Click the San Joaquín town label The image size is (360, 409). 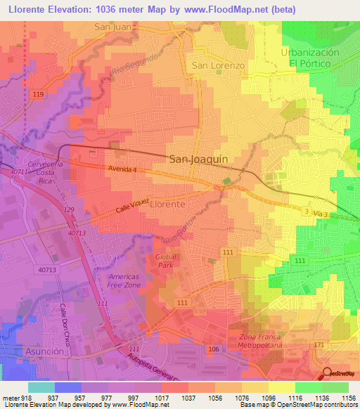(x=199, y=160)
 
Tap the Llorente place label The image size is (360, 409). (x=168, y=204)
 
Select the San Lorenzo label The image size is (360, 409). (x=218, y=65)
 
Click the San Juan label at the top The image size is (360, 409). (x=113, y=27)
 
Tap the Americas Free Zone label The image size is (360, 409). (x=124, y=281)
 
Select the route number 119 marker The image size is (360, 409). (x=38, y=94)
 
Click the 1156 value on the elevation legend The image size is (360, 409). (x=349, y=398)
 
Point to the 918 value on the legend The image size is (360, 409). (x=29, y=398)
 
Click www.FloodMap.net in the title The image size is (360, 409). (x=210, y=9)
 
